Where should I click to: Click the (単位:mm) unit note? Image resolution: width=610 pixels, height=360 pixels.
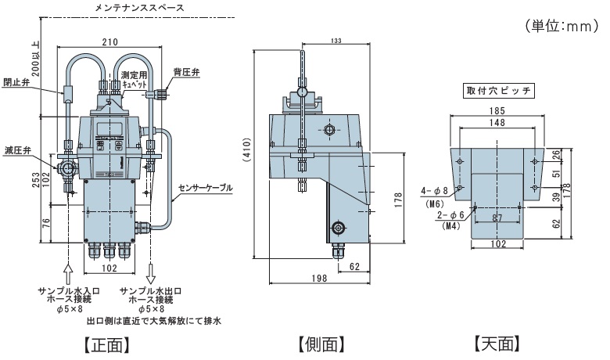pyautogui.click(x=561, y=27)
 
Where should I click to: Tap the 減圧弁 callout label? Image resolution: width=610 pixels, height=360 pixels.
pyautogui.click(x=16, y=149)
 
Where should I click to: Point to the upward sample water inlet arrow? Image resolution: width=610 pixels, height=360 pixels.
pyautogui.click(x=67, y=273)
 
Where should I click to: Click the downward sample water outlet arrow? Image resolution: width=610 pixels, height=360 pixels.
pyautogui.click(x=151, y=273)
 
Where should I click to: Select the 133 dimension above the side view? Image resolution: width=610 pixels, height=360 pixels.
pyautogui.click(x=335, y=41)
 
